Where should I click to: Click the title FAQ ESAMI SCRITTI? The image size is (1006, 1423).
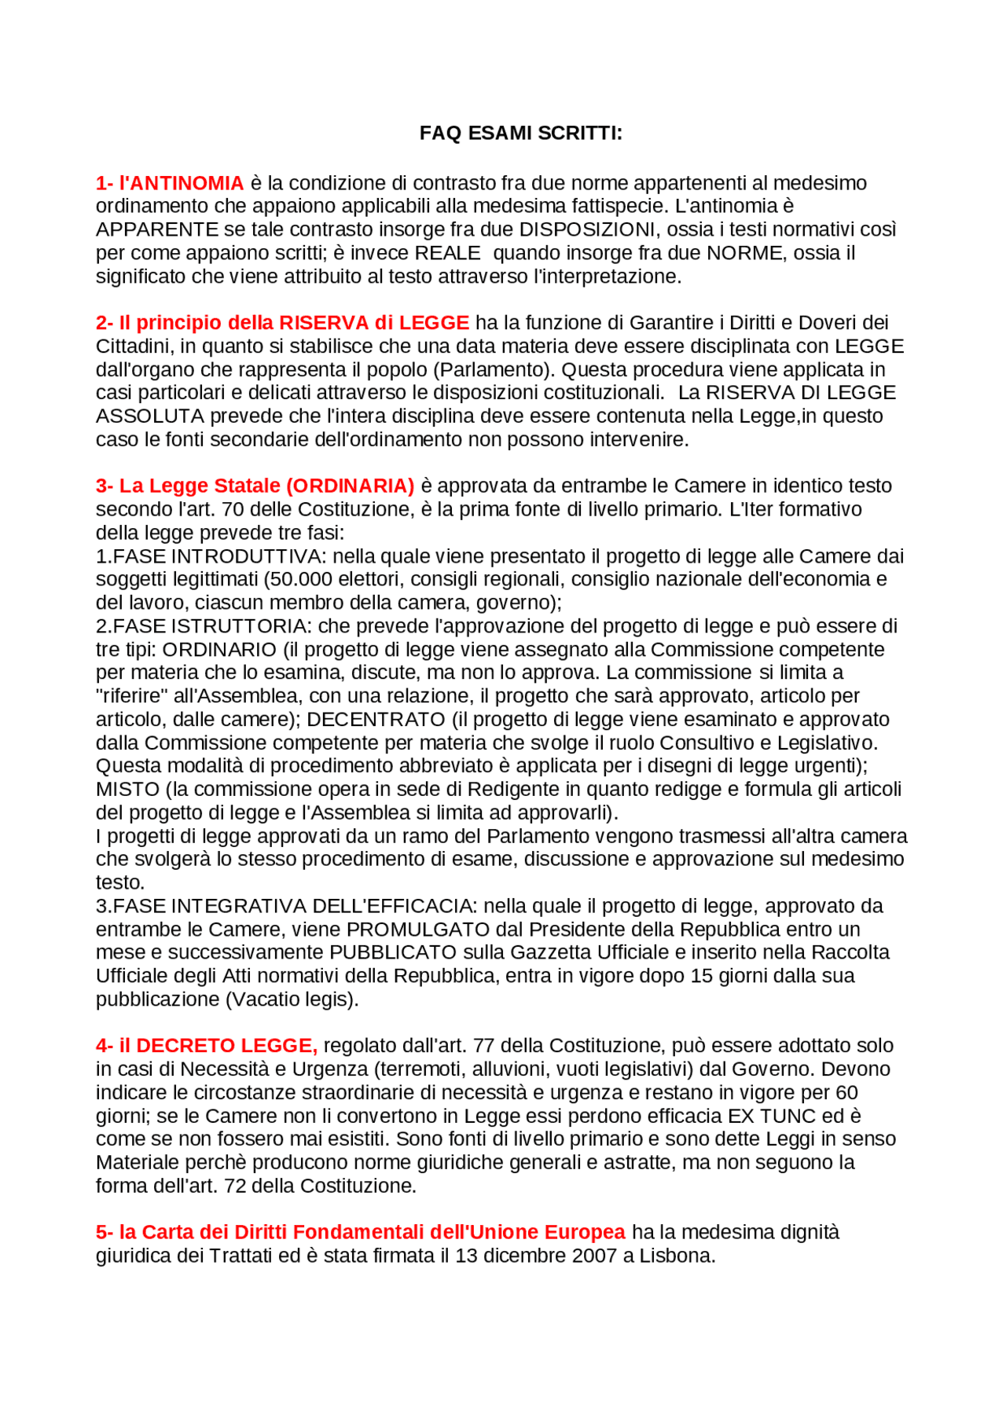tap(520, 133)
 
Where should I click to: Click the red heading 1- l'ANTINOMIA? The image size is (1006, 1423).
tap(170, 183)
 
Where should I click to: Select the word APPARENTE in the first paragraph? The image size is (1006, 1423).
tap(157, 229)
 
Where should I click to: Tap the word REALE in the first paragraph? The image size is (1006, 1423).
tap(447, 253)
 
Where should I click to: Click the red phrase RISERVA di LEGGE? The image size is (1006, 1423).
tap(374, 323)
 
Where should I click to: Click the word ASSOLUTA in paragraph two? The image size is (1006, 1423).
tap(149, 416)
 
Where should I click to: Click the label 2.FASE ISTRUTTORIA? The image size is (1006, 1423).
tap(202, 626)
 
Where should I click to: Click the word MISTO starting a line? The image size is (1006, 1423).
tap(127, 790)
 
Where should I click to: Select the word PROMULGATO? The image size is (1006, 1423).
tap(418, 930)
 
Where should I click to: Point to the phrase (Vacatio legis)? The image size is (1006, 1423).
tap(292, 999)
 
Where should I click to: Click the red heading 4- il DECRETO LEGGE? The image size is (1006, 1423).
tap(207, 1046)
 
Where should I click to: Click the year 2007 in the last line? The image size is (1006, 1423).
tap(594, 1256)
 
